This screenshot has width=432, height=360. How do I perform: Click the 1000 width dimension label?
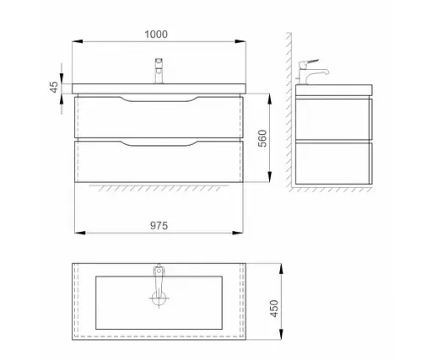pyautogui.click(x=156, y=35)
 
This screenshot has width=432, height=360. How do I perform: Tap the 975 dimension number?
pyautogui.click(x=159, y=225)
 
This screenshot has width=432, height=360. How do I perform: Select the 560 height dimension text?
pyautogui.click(x=262, y=138)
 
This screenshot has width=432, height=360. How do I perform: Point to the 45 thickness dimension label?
pyautogui.click(x=53, y=87)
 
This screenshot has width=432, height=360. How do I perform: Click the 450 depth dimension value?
pyautogui.click(x=274, y=309)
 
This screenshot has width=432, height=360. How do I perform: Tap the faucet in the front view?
pyautogui.click(x=159, y=71)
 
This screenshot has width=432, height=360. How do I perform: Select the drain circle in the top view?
pyautogui.click(x=159, y=298)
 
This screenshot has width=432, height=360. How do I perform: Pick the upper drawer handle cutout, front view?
pyautogui.click(x=159, y=99)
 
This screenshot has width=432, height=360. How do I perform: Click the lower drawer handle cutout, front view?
pyautogui.click(x=159, y=143)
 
